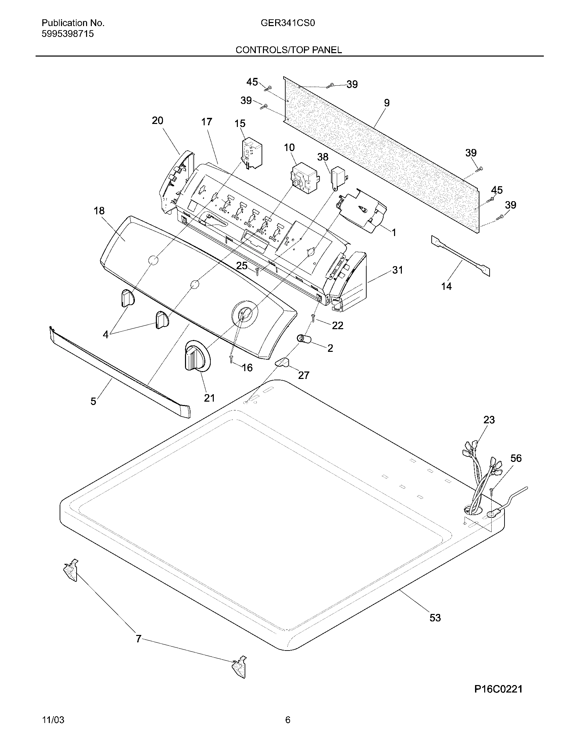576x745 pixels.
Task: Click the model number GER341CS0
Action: (288, 23)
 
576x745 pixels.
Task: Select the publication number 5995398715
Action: (67, 34)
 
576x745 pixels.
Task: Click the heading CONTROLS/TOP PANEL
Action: (289, 50)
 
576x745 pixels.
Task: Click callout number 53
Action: (435, 617)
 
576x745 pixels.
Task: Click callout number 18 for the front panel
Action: (99, 211)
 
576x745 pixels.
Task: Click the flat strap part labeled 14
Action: (461, 257)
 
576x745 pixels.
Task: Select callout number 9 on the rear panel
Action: (386, 103)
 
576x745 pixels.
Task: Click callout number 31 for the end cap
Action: (397, 270)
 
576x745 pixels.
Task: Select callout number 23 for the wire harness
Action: (489, 420)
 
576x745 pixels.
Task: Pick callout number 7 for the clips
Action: (138, 639)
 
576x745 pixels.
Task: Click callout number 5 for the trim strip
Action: (93, 401)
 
